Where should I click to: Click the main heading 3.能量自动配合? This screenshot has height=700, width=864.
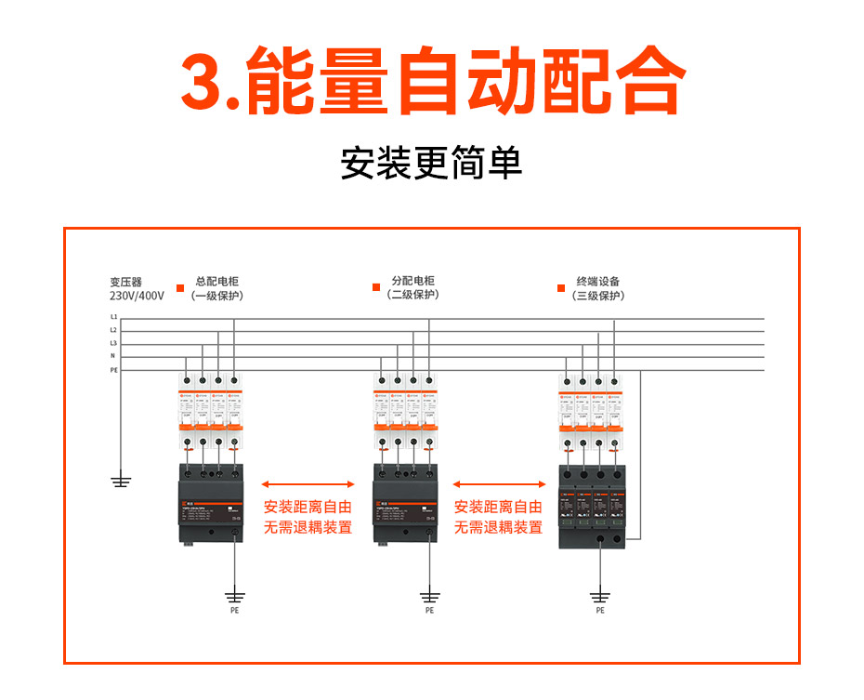(x=432, y=82)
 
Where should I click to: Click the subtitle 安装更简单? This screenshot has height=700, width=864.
(x=431, y=163)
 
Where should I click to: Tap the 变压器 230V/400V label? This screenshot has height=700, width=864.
(x=136, y=288)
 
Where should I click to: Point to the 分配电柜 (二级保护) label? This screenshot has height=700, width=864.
(x=412, y=287)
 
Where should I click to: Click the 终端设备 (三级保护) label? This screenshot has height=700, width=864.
(x=598, y=288)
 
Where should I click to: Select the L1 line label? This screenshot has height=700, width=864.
(x=113, y=318)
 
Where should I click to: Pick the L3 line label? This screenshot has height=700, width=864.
(x=113, y=344)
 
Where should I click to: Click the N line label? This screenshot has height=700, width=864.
(x=113, y=357)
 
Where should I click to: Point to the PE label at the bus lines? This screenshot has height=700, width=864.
(x=114, y=370)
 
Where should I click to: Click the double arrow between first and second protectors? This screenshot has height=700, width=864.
(x=308, y=484)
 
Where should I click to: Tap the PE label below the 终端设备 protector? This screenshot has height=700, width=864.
(x=599, y=611)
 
